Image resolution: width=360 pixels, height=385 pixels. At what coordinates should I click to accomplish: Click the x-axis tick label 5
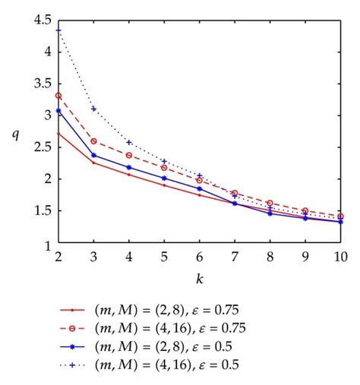164,257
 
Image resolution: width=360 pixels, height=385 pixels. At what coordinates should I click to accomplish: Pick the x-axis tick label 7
235,257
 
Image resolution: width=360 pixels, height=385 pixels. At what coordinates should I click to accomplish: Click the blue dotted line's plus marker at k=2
58,30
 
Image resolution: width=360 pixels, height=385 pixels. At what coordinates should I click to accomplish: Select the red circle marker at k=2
58,96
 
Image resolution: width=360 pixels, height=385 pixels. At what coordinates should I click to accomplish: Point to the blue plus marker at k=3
93,109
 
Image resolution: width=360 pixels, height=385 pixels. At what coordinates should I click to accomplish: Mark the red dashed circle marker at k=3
93,141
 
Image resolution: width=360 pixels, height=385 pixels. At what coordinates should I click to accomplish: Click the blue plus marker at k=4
129,142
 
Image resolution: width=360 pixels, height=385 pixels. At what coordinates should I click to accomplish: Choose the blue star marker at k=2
58,111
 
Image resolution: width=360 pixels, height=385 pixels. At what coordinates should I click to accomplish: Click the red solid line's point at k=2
58,133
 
